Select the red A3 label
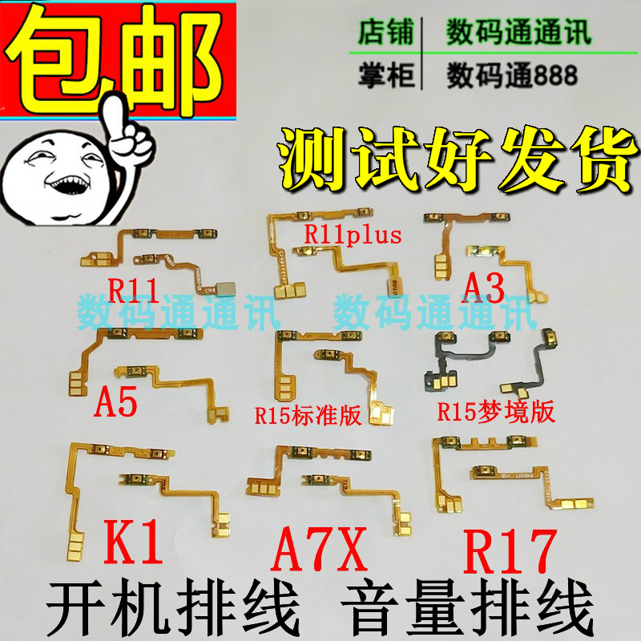click(x=482, y=285)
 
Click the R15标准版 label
click(x=307, y=414)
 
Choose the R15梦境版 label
click(x=496, y=413)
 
